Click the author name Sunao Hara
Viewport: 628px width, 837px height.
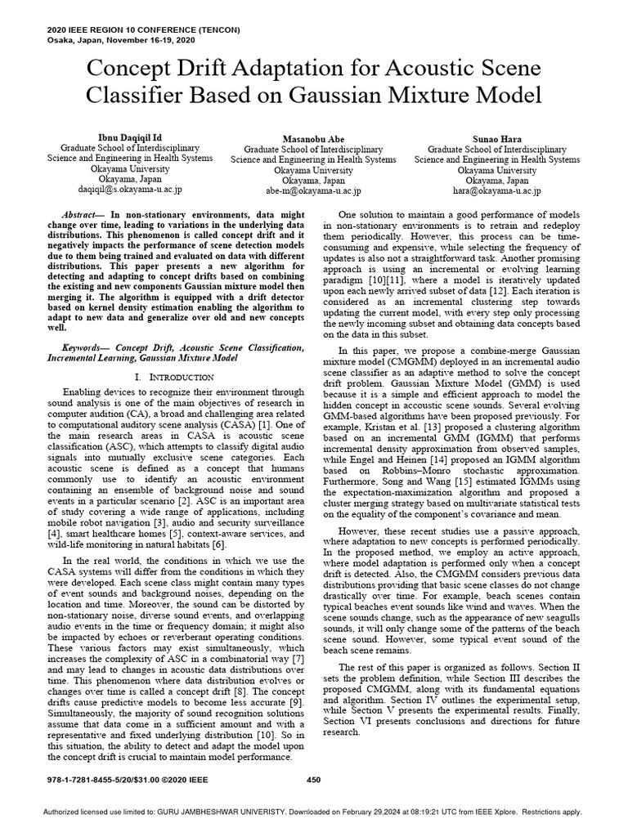pyautogui.click(x=497, y=138)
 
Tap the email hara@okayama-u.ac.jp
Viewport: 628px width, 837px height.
pyautogui.click(x=497, y=190)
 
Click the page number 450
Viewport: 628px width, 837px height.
pyautogui.click(x=313, y=779)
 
